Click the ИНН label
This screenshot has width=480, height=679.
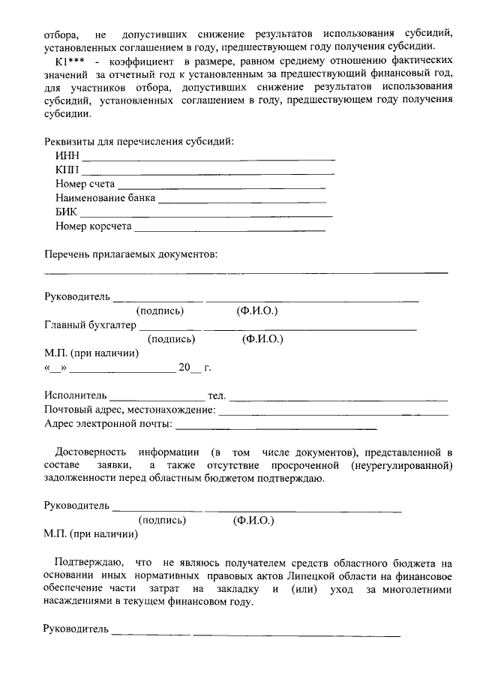[x=67, y=156]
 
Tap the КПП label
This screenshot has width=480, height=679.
[x=67, y=170]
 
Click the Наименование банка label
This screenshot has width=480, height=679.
[x=105, y=198]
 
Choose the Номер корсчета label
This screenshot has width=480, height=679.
[x=93, y=226]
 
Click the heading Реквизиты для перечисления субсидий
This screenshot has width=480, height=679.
[x=139, y=141]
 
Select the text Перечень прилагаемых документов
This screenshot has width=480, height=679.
[x=130, y=254]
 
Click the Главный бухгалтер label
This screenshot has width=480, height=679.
[x=90, y=325]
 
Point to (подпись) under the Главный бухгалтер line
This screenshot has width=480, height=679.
[x=171, y=339]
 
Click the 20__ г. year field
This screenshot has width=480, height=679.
[x=194, y=368]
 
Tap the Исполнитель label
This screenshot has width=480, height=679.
[x=76, y=395]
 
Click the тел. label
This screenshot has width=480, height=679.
[x=216, y=395]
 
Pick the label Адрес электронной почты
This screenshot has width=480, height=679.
[x=108, y=424]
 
